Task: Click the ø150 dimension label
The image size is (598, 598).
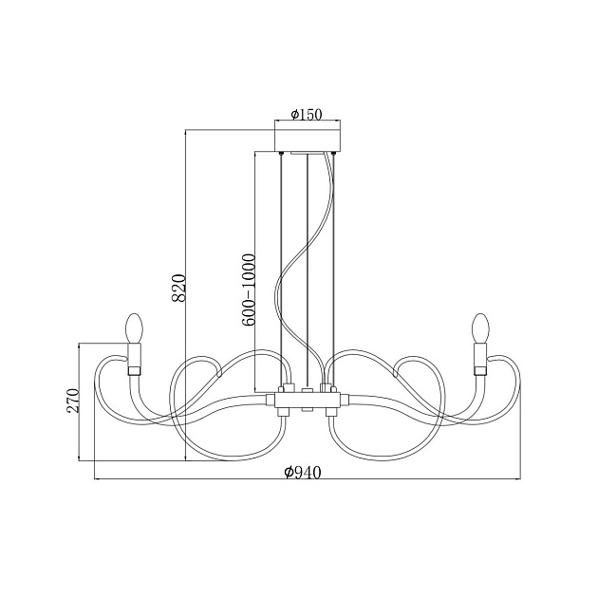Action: coord(307,114)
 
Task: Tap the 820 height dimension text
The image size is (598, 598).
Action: coord(178,288)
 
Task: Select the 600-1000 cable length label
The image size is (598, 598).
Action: coord(249,290)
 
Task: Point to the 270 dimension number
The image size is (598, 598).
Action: coord(72,401)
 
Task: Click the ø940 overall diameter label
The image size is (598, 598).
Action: coord(303,473)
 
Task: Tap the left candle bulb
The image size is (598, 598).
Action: coord(134,327)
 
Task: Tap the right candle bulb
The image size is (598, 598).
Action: coord(479,327)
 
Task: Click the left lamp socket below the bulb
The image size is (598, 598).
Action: coord(134,359)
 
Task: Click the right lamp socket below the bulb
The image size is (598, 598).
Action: coord(480,359)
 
